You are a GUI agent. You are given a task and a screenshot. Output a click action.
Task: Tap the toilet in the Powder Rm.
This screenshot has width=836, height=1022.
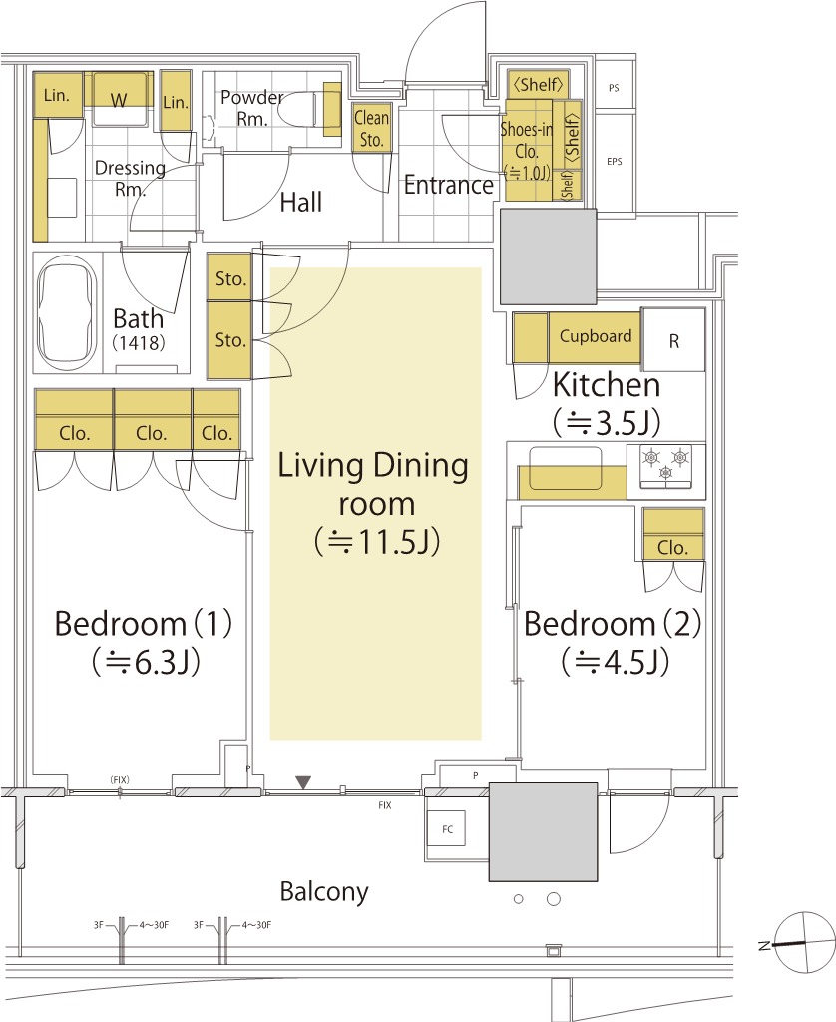coord(310,109)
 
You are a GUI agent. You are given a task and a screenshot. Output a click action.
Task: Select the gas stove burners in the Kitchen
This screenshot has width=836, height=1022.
coord(666,465)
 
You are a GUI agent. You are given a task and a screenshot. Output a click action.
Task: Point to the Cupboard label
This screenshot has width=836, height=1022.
coord(596,336)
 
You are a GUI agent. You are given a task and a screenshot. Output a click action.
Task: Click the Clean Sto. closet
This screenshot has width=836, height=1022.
coord(372,128)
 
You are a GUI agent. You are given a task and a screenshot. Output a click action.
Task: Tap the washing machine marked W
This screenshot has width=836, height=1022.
coord(119,99)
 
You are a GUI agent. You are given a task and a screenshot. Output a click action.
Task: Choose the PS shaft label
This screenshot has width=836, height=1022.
coord(614,88)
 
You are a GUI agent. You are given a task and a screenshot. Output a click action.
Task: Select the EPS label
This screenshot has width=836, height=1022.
coord(614,161)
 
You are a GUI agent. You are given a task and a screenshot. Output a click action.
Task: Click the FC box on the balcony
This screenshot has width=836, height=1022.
coord(447,829)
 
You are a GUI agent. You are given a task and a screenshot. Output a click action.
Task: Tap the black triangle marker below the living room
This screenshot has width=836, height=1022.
coord(303,782)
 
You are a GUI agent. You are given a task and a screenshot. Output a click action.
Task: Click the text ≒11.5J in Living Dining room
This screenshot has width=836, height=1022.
coord(377,541)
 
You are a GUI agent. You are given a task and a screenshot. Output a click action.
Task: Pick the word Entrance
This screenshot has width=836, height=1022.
coord(448,185)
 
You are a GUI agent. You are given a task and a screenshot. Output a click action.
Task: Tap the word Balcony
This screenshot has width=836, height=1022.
coord(324,891)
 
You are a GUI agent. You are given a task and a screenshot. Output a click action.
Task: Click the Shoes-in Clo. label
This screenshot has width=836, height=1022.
coord(527,151)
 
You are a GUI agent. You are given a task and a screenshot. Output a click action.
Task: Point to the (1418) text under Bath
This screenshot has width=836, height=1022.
coord(138,343)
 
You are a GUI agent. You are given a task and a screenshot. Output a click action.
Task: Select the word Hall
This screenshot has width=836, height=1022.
coord(301,202)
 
